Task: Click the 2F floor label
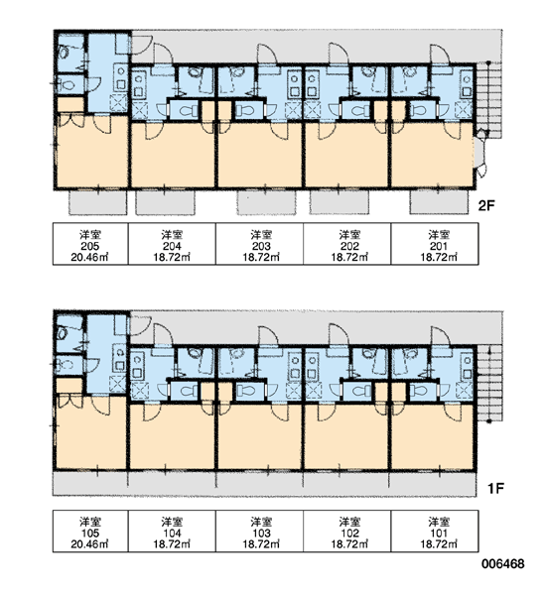pyautogui.click(x=486, y=206)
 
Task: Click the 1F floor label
pyautogui.click(x=495, y=488)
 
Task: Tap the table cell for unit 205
pyautogui.click(x=90, y=244)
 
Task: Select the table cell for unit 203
pyautogui.click(x=259, y=244)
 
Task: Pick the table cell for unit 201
pyautogui.click(x=435, y=244)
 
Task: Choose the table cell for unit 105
pyautogui.click(x=90, y=531)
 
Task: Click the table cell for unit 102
pyautogui.click(x=346, y=531)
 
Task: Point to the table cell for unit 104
pyautogui.click(x=172, y=531)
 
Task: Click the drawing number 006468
pyautogui.click(x=503, y=564)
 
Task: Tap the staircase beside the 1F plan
pyautogui.click(x=489, y=383)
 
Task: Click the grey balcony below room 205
pyautogui.click(x=97, y=202)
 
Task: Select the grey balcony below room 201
pyautogui.click(x=439, y=202)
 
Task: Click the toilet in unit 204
pyautogui.click(x=184, y=110)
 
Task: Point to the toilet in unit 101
pyautogui.click(x=423, y=392)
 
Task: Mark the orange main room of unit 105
pyautogui.click(x=91, y=432)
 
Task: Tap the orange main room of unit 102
pyautogui.click(x=346, y=436)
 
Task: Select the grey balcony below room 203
pyautogui.click(x=266, y=202)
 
